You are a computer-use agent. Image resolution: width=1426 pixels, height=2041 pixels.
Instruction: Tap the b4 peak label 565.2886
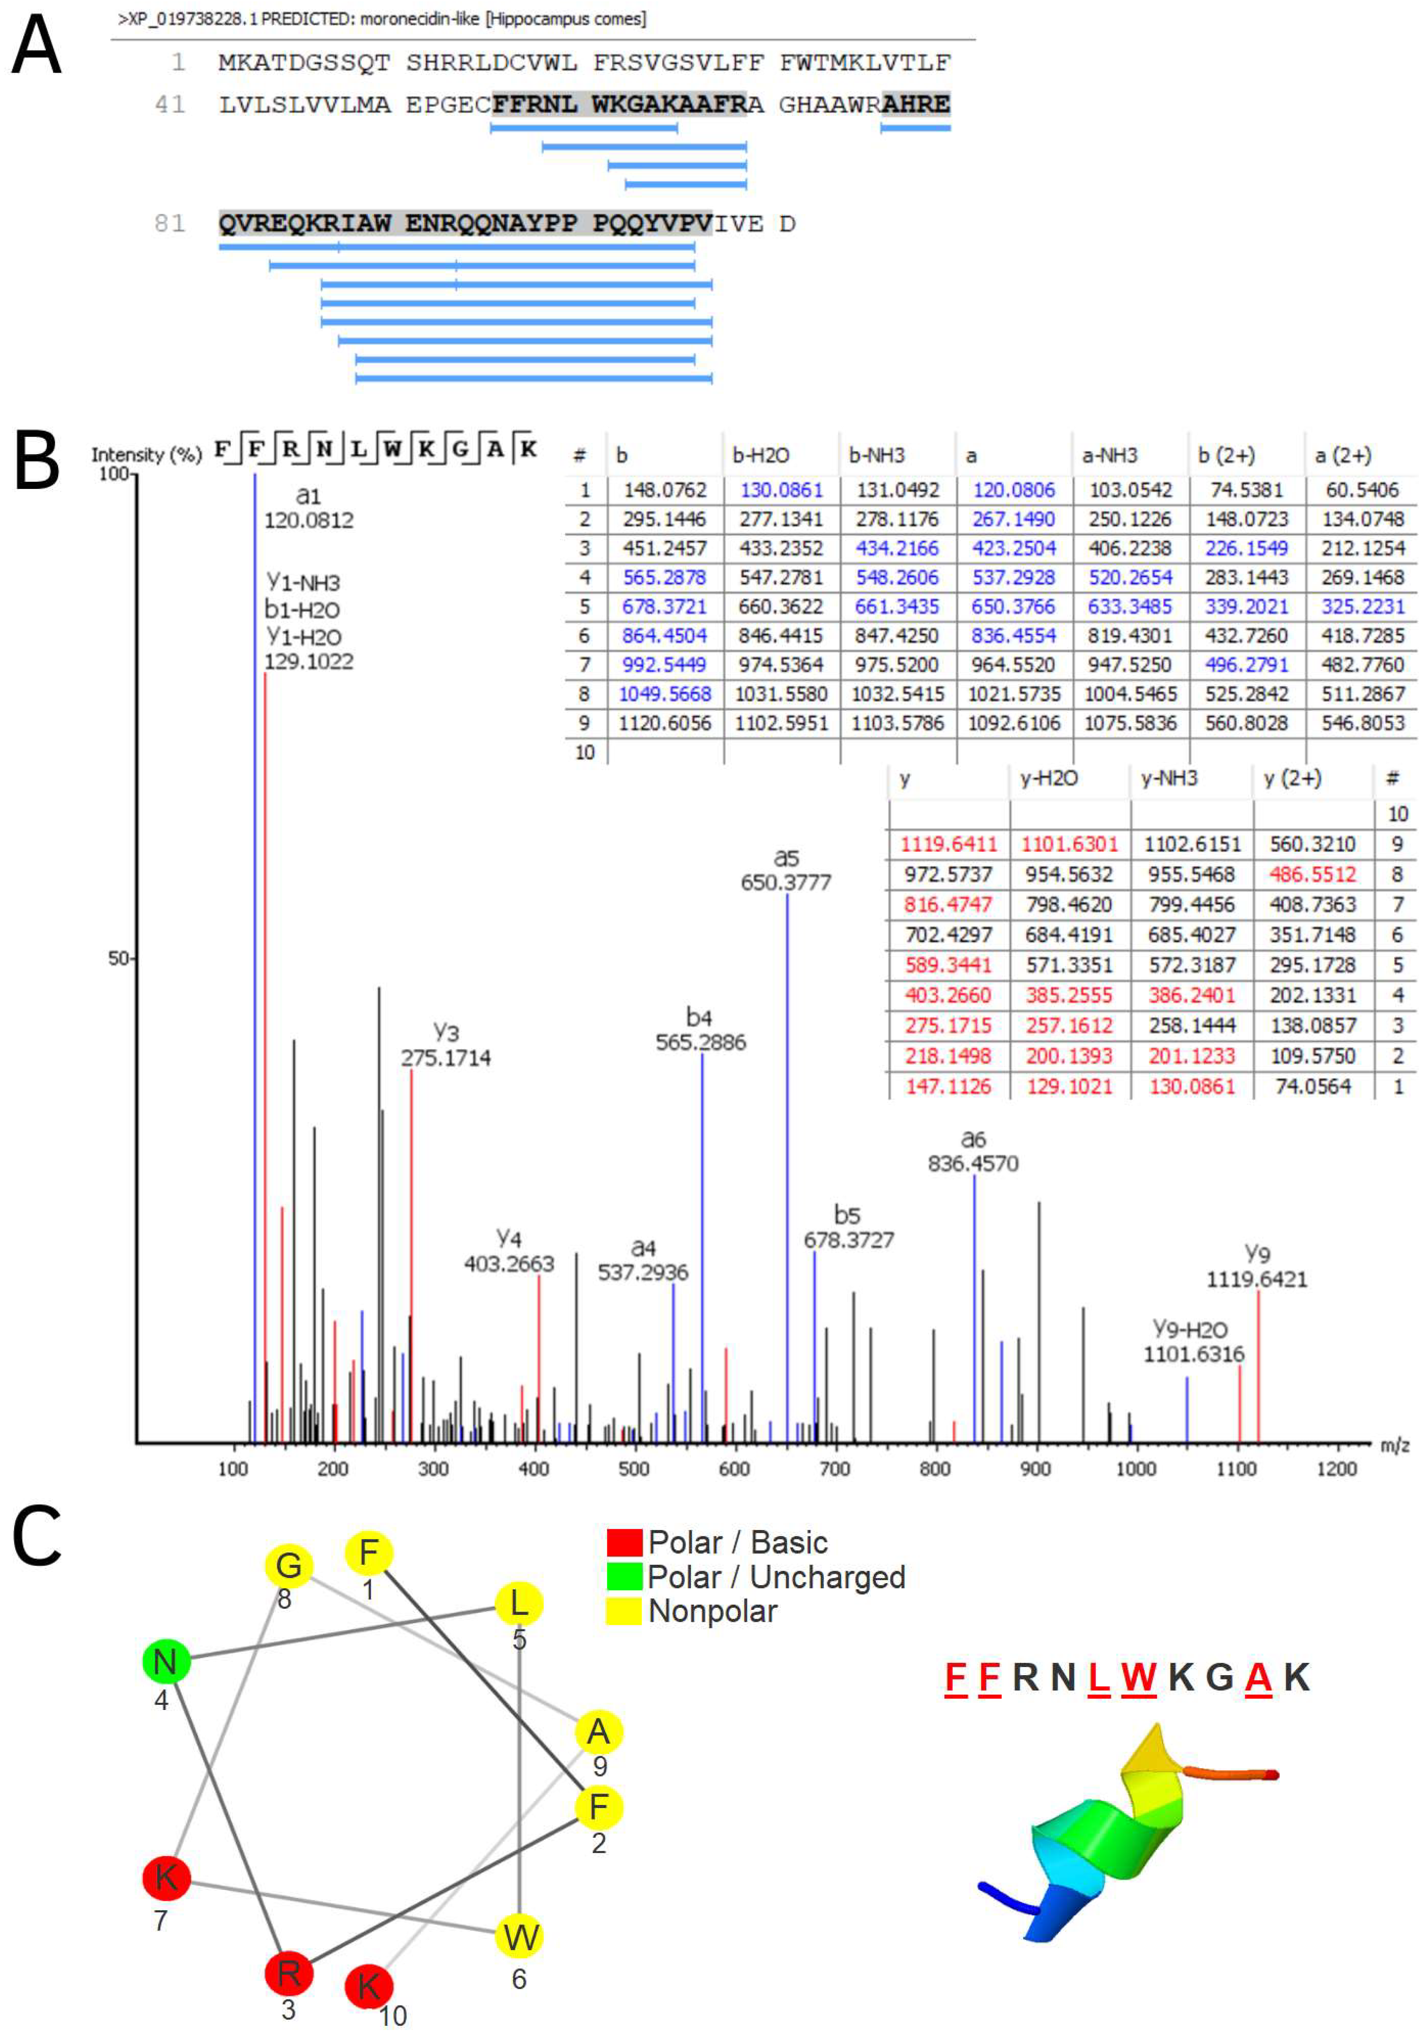tap(701, 1042)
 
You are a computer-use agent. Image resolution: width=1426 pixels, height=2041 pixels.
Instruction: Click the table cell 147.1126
tap(948, 1086)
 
